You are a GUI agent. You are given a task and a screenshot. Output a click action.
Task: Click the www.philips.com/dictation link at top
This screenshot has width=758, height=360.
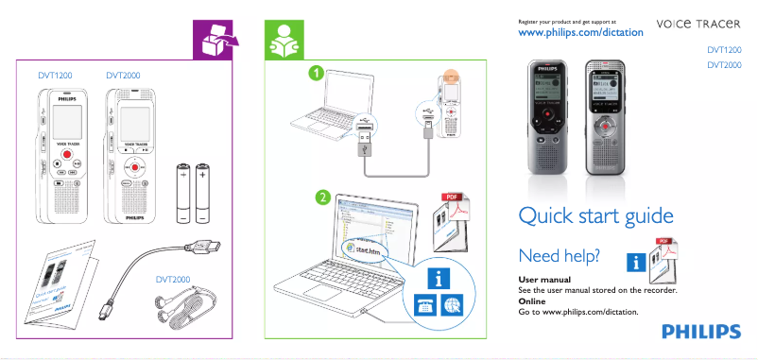(x=582, y=32)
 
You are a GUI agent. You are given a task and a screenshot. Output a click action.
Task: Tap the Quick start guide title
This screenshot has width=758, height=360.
(x=595, y=216)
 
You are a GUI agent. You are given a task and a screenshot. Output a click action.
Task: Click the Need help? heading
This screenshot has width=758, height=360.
(x=559, y=255)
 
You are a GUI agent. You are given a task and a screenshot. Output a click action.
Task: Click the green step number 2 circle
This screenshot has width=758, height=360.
(x=322, y=198)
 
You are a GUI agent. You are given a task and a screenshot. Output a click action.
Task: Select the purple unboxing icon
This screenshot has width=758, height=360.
(x=215, y=40)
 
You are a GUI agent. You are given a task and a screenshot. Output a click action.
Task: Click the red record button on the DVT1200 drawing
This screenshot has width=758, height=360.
(x=65, y=153)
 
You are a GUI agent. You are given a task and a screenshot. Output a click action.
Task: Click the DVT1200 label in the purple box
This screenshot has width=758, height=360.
(x=55, y=74)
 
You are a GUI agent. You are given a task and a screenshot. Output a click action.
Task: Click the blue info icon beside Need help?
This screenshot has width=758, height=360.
(x=638, y=263)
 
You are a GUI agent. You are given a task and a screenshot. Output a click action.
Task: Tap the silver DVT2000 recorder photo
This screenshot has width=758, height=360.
(x=605, y=118)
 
